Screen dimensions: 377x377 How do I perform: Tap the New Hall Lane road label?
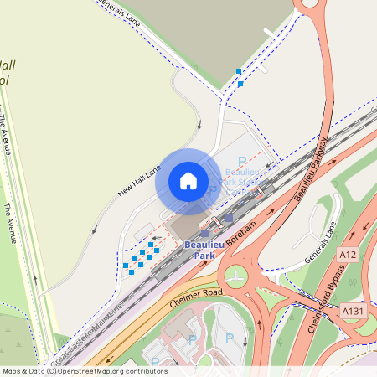click(138, 179)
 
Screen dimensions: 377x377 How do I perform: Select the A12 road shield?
click(349, 253)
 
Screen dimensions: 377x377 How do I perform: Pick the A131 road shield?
click(353, 311)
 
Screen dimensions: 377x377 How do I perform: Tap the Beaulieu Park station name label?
click(199, 250)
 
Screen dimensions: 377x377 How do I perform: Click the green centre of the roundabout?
click(235, 276)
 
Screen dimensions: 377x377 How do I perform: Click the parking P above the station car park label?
click(243, 161)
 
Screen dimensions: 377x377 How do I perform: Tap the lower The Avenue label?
click(10, 224)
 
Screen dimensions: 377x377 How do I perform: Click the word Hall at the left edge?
click(8, 65)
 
